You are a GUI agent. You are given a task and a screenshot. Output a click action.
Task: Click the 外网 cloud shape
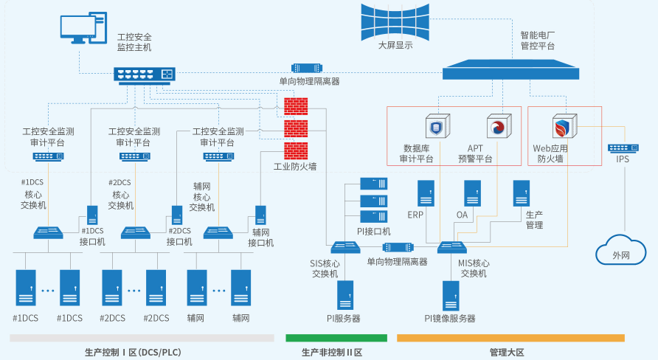621,251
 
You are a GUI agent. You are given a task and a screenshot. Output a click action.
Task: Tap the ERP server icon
426,193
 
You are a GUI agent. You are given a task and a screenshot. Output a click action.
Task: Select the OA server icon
472,193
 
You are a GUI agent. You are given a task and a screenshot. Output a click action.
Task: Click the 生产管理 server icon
522,193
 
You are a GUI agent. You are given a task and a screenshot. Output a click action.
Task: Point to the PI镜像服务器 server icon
450,295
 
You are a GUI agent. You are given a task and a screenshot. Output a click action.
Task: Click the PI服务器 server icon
344,295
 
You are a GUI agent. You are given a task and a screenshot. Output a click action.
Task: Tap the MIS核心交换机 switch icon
451,247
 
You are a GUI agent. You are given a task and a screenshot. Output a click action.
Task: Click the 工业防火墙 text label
295,167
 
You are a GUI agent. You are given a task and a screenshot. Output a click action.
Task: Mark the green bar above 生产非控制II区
336,338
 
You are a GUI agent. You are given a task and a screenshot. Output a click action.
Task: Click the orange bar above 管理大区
510,338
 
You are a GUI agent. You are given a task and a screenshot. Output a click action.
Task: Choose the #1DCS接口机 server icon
92,215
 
